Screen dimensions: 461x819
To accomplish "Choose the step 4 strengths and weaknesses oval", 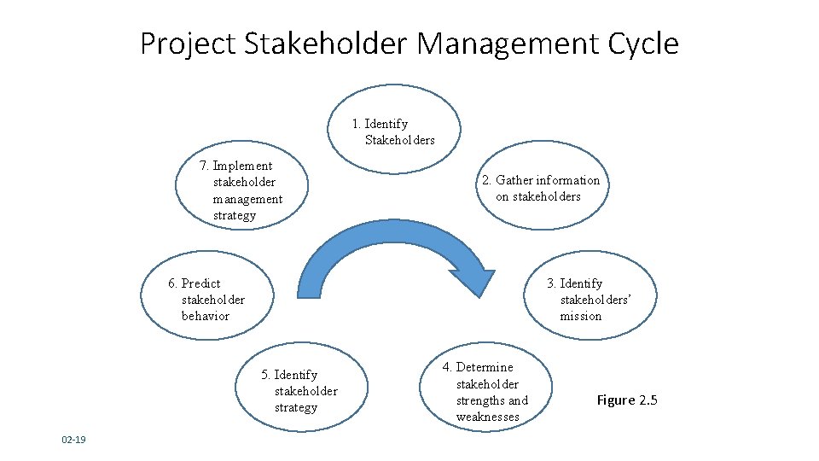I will (x=483, y=391).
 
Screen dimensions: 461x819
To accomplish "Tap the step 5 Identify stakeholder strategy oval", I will (x=303, y=391).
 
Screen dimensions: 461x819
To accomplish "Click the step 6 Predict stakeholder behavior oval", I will (x=206, y=300).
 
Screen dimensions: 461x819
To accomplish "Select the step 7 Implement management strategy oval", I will (x=242, y=190).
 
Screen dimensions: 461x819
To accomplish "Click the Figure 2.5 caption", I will (x=627, y=400).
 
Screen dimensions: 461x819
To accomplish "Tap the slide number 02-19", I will (x=73, y=440).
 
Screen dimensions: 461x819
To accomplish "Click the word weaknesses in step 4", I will (x=487, y=417).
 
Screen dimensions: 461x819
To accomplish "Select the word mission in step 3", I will (x=581, y=316).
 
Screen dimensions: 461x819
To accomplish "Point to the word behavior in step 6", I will (x=206, y=316).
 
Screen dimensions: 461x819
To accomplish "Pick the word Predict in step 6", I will (x=201, y=283).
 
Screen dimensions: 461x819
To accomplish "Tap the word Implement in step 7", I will (x=242, y=166).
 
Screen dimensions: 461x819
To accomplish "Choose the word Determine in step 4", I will (x=485, y=367).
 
